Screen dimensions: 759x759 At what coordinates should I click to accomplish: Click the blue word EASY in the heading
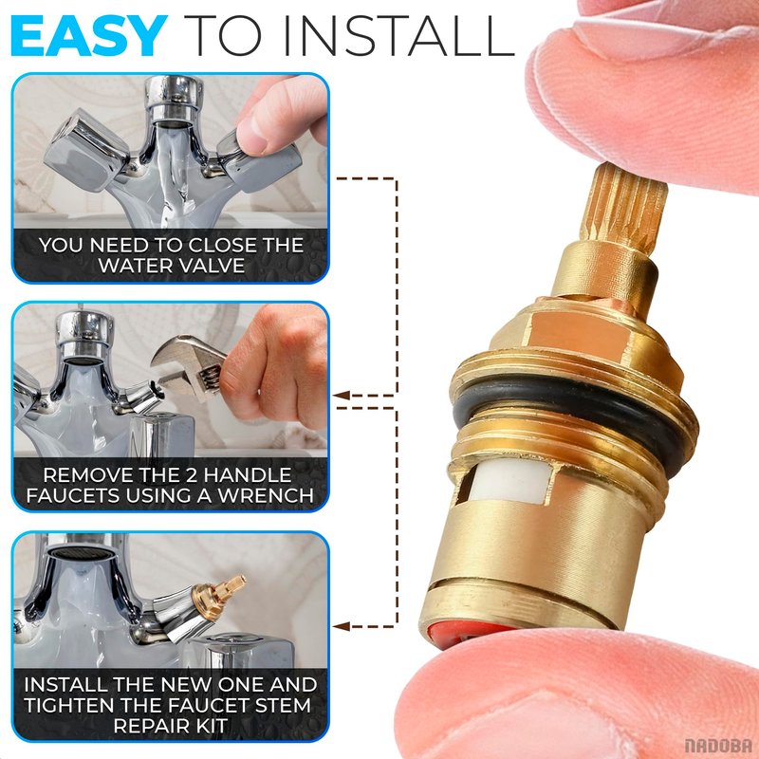(88, 36)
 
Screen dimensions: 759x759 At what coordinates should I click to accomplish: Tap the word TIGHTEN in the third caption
(74, 705)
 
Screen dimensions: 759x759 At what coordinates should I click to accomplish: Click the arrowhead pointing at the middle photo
(341, 396)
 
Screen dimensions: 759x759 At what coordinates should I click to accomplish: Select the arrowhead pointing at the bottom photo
(341, 627)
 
